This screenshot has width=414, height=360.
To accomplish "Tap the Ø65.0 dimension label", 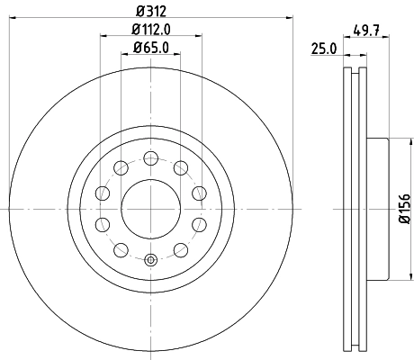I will tap(151, 47).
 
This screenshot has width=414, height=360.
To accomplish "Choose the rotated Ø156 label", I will tap(404, 210).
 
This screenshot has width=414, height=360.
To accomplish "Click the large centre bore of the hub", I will tap(150, 210).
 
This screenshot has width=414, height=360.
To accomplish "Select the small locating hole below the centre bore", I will tap(150, 261).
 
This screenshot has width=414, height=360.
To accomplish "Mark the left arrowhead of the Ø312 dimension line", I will tap(13, 17).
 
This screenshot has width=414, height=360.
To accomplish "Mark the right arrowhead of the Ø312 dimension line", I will tap(290, 17).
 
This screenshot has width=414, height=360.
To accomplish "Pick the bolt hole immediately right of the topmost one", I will tap(180, 168).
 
